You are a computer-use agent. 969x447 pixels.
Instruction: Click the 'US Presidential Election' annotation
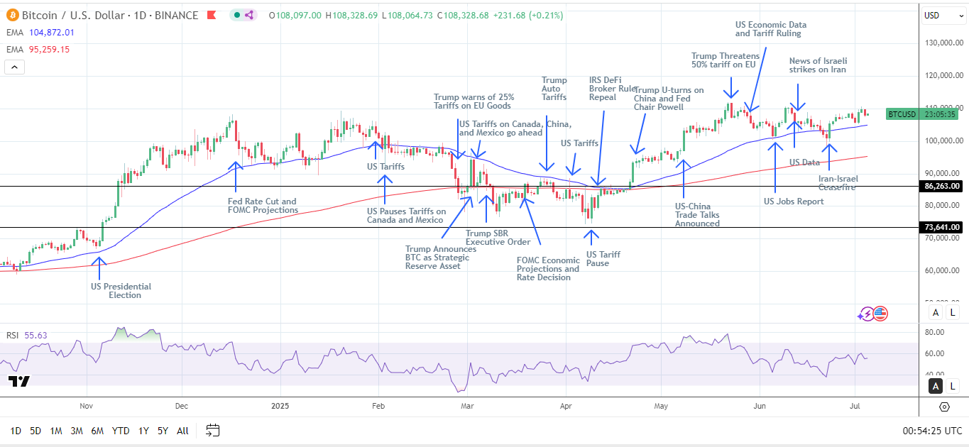click(x=121, y=291)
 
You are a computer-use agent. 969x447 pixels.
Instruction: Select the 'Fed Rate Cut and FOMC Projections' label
click(x=262, y=206)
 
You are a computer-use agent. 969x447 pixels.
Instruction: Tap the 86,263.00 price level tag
click(x=941, y=186)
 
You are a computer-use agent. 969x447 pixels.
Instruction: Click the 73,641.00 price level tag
click(x=941, y=227)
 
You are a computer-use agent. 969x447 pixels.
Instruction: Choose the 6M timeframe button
click(x=97, y=431)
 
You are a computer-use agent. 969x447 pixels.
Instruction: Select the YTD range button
click(x=121, y=431)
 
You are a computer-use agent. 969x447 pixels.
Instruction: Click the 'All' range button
click(x=182, y=431)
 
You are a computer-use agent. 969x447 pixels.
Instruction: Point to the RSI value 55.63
click(x=36, y=335)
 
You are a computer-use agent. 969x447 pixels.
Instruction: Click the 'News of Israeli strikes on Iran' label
click(x=817, y=65)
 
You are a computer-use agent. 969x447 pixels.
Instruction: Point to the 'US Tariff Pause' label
click(x=603, y=259)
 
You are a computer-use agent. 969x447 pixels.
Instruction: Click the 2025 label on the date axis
click(x=280, y=407)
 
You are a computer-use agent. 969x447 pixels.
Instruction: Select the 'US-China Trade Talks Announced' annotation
click(x=696, y=214)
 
